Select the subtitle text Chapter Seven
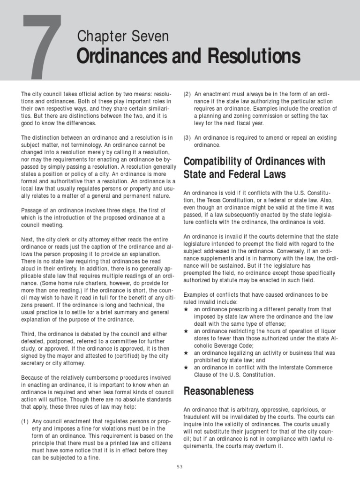[123, 37]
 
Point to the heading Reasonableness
[218, 391]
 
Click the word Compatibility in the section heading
[216, 162]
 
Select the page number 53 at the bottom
[180, 466]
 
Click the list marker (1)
[25, 421]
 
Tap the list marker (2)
[187, 94]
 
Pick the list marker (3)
[187, 137]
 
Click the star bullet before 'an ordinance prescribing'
[186, 309]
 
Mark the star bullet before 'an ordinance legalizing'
[186, 352]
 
